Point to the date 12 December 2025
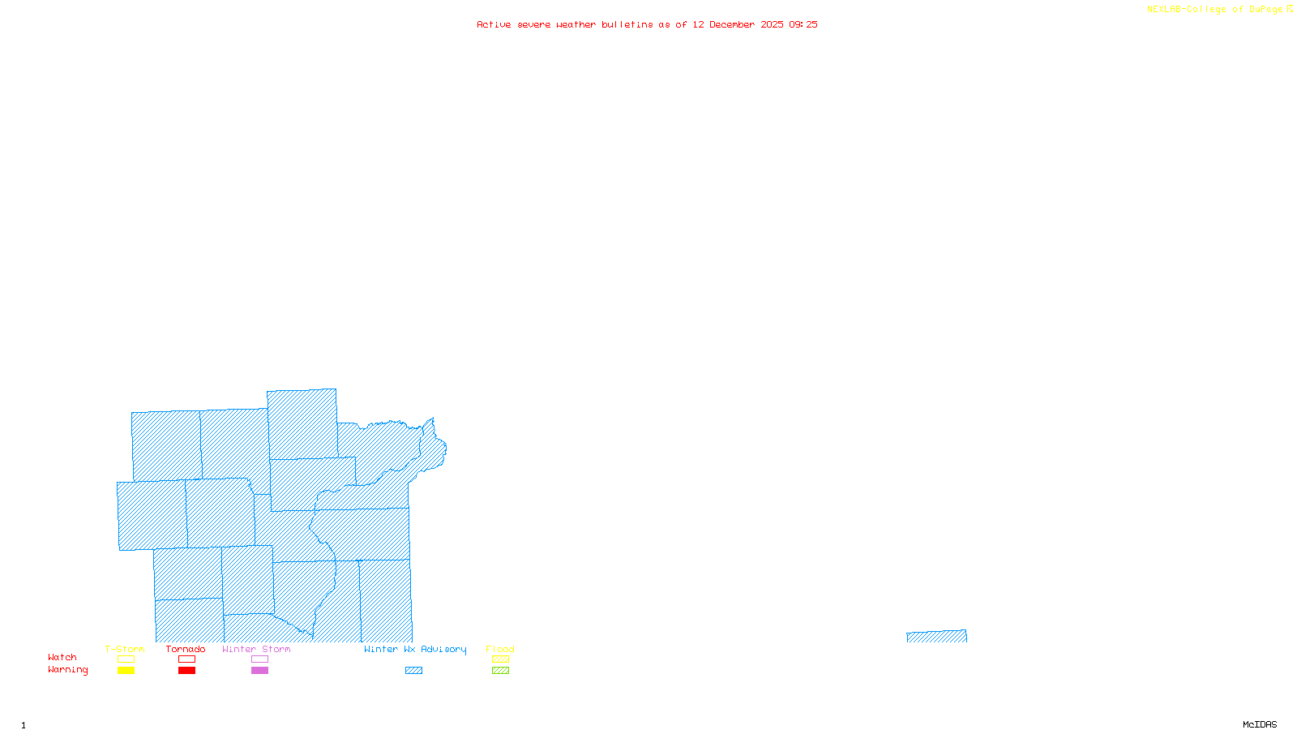738,25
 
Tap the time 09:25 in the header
803,25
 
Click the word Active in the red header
494,25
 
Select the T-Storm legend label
125,649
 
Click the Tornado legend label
186,649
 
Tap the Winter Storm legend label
256,649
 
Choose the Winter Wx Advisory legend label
415,649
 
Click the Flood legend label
500,649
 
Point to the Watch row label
62,658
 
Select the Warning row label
68,670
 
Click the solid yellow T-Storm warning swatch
126,671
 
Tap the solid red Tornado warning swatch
186,671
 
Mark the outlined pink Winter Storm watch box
259,659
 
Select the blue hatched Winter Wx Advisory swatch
413,671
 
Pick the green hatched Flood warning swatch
501,671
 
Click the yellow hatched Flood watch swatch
501,659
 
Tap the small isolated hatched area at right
936,637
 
